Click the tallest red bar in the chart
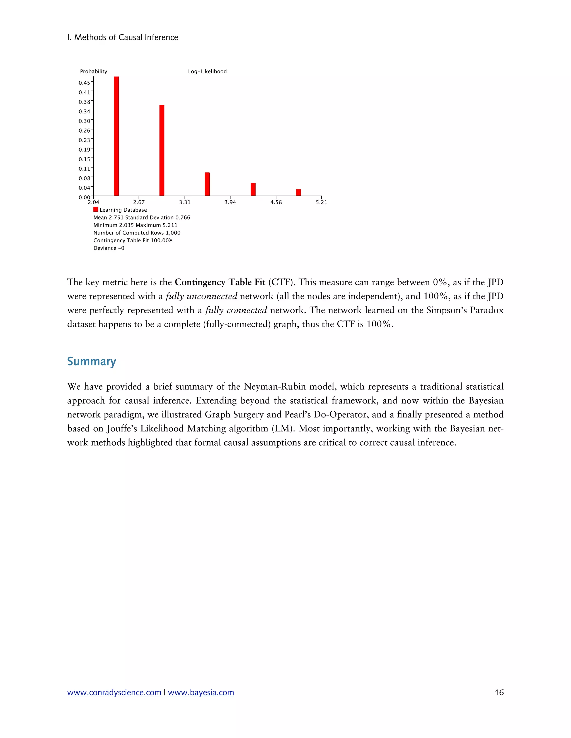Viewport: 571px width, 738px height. (x=116, y=136)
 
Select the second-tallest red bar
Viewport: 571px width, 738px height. (x=162, y=150)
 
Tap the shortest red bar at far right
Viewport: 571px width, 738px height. (x=298, y=193)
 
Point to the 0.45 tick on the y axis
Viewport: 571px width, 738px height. (x=84, y=83)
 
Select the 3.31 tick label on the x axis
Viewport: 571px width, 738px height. (x=185, y=202)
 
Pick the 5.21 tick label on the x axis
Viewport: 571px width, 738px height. (x=321, y=202)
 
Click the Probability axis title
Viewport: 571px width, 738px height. (x=93, y=72)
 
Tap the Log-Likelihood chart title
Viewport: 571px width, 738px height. (x=207, y=72)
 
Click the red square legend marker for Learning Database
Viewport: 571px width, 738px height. (x=96, y=209)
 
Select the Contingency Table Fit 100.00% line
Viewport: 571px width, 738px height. (x=133, y=241)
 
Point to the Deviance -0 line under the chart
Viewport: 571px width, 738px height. (x=108, y=248)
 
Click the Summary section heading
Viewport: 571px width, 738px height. (x=91, y=361)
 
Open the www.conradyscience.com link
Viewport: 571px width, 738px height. (x=114, y=692)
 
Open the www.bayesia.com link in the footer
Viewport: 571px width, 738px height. (x=201, y=692)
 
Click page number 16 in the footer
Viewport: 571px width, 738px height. (x=499, y=692)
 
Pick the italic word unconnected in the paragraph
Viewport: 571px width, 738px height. (x=212, y=296)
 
